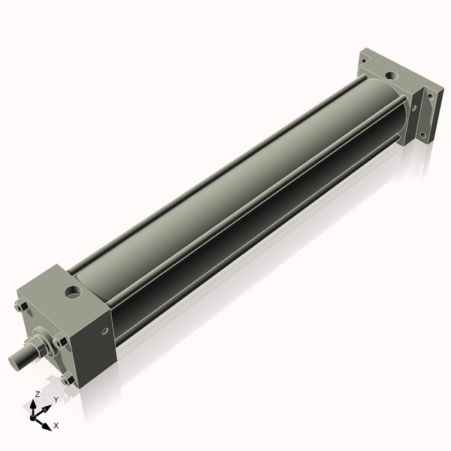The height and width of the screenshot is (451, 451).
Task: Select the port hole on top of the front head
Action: tap(74, 289)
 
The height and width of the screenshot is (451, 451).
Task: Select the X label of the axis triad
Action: tap(56, 425)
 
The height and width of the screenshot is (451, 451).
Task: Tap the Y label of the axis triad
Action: tap(56, 399)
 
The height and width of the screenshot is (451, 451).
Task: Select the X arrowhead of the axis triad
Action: tap(47, 422)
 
